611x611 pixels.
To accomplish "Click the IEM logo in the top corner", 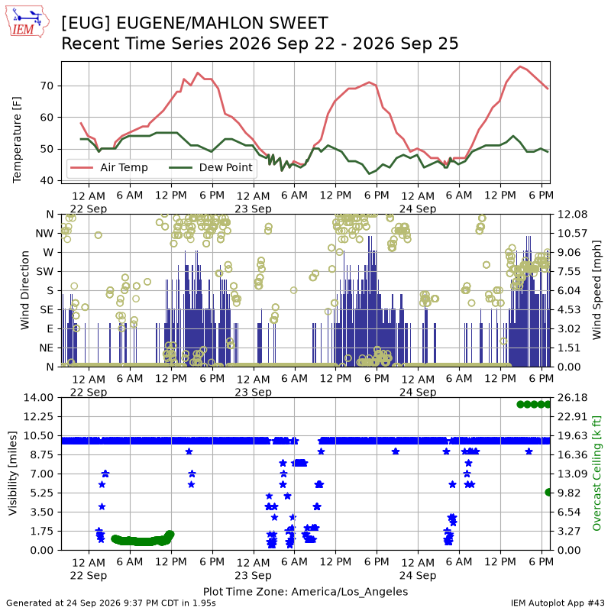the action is click(27, 21).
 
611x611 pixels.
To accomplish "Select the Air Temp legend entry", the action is click(109, 167).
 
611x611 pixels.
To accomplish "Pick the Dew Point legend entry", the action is click(211, 167).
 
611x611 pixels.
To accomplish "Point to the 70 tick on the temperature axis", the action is click(47, 86).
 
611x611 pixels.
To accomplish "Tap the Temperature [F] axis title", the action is click(17, 140).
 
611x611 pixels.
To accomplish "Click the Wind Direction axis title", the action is click(25, 290).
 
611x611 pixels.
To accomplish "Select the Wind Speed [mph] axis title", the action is click(596, 290).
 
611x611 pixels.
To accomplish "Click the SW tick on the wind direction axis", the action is click(45, 272).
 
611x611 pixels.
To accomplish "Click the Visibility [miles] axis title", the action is click(13, 474).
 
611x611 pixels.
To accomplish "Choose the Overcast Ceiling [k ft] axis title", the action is click(596, 474).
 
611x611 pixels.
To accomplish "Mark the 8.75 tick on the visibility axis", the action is click(43, 454).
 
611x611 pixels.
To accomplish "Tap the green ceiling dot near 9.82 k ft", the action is click(548, 493).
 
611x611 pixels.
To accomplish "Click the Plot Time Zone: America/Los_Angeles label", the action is click(305, 592).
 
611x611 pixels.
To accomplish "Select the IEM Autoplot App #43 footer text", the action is click(558, 603).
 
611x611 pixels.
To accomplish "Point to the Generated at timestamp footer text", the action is click(111, 603).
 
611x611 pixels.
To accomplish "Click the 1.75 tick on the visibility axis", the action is click(43, 531).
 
